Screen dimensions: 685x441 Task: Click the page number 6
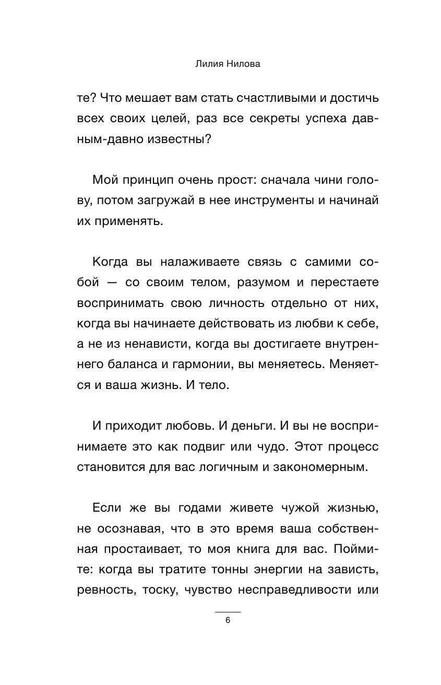tap(228, 621)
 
